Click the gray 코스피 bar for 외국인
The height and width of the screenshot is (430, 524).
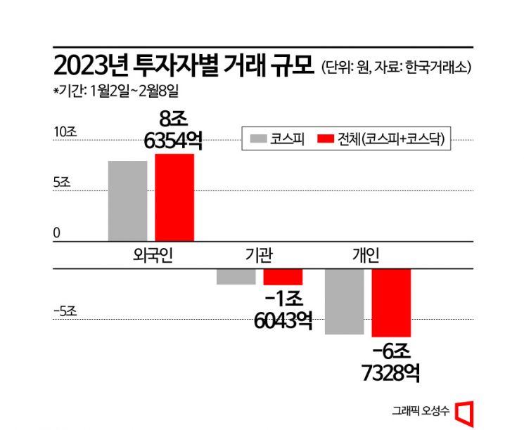(x=127, y=201)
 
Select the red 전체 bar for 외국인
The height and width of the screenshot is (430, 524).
(x=174, y=197)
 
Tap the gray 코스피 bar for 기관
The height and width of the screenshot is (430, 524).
(x=236, y=276)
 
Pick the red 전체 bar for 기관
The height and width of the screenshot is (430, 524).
(x=283, y=276)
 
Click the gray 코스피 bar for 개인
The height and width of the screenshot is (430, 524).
(x=344, y=301)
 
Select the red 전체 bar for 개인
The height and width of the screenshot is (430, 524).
(x=391, y=302)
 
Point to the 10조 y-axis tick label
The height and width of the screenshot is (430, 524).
(x=65, y=131)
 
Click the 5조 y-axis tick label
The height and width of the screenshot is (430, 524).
(x=62, y=182)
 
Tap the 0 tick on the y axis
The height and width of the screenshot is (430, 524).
(x=58, y=233)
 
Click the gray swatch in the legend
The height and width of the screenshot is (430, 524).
(x=257, y=138)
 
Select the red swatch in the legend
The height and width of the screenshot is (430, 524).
(x=326, y=138)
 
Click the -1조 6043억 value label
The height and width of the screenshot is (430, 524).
(x=283, y=309)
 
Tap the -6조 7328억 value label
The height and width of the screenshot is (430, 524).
(x=391, y=361)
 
